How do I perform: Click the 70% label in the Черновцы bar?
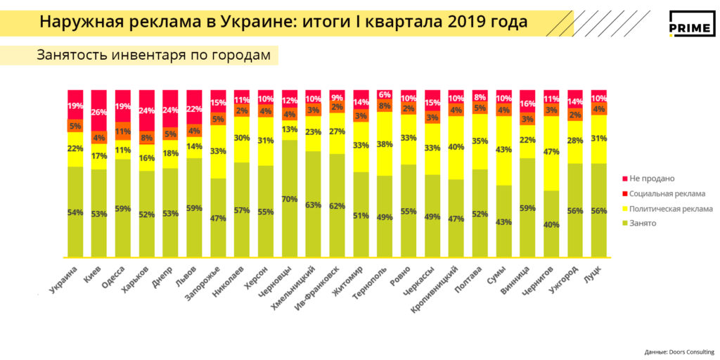click(x=290, y=200)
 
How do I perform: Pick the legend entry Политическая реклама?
click(x=671, y=208)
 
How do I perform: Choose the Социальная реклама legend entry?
click(x=667, y=193)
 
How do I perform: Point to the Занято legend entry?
click(x=645, y=223)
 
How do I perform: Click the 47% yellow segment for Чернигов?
click(x=551, y=151)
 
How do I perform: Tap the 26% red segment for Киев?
click(x=99, y=112)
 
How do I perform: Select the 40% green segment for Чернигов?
click(x=551, y=225)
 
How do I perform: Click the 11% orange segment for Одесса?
click(x=123, y=131)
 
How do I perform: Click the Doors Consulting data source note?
click(x=679, y=352)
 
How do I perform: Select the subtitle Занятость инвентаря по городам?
click(x=153, y=56)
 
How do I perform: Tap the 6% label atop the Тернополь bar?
click(x=385, y=95)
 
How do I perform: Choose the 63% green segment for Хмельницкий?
click(x=314, y=205)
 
